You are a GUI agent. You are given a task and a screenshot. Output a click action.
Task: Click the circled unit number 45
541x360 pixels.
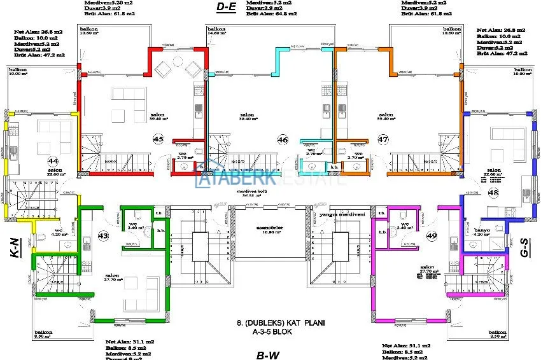point(158,138)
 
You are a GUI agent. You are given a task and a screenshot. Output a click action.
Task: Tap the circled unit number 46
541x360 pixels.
point(283,139)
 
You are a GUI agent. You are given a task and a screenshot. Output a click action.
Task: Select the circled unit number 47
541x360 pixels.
point(383,139)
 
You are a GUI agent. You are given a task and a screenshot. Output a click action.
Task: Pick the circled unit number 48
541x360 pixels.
point(494,192)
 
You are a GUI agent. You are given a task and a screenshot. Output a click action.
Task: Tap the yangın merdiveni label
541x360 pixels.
point(343,215)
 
